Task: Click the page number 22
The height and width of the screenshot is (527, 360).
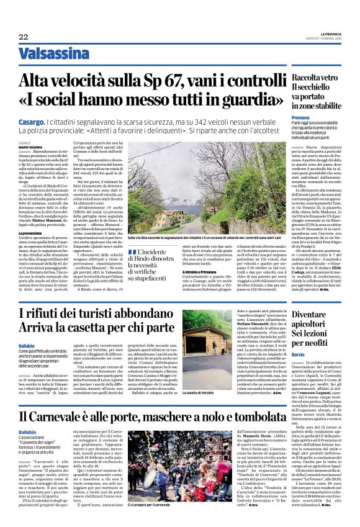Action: (24, 37)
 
